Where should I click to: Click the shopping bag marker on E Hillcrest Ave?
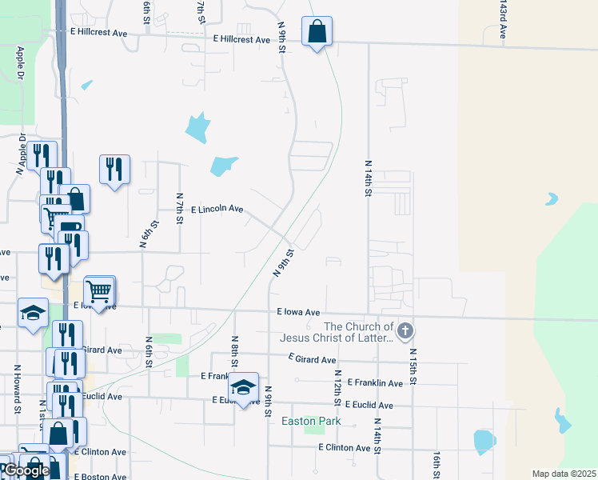click(317, 32)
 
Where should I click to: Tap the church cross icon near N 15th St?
click(405, 330)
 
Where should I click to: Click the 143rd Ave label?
click(503, 19)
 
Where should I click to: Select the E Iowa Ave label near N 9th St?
click(298, 312)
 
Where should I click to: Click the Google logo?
click(26, 470)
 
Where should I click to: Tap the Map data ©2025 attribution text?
click(564, 474)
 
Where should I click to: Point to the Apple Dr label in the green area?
click(22, 64)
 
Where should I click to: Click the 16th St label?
click(437, 463)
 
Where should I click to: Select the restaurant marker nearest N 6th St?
click(114, 169)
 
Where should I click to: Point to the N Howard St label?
click(17, 390)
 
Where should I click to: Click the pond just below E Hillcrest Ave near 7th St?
click(197, 126)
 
